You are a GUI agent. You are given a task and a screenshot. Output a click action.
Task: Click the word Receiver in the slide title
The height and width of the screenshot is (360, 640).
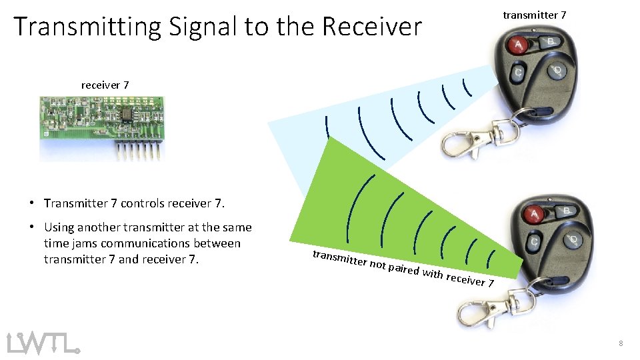[372, 27]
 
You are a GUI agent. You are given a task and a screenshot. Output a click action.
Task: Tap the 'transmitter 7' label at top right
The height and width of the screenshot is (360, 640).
[535, 15]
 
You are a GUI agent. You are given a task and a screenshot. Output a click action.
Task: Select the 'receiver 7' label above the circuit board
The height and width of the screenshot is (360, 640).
[105, 85]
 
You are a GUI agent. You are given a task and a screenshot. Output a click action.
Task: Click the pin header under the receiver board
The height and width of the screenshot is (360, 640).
[138, 151]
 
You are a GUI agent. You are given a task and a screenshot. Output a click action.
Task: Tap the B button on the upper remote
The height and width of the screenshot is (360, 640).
[551, 42]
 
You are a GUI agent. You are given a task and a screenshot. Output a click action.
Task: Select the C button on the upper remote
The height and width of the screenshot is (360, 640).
[517, 73]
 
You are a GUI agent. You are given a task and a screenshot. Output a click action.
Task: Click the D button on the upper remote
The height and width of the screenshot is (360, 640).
[557, 70]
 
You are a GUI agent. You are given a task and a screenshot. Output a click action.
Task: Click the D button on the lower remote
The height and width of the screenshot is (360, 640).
[575, 239]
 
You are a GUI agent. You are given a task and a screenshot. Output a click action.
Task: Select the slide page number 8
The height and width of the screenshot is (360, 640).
[621, 343]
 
